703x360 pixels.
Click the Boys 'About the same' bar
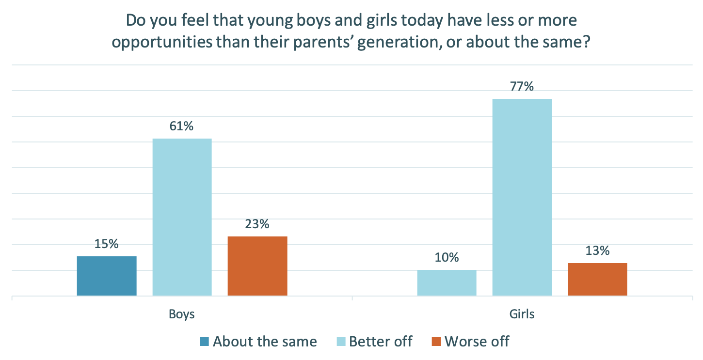[x=107, y=276]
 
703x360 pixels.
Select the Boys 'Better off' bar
[x=182, y=217]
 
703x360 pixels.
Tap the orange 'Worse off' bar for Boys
[x=257, y=266]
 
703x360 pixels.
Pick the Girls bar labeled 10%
[x=447, y=283]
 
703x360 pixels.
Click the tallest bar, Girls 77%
[x=522, y=197]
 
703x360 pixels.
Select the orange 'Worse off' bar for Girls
[x=597, y=279]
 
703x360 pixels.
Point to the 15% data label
[x=107, y=244]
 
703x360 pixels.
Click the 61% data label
[x=182, y=126]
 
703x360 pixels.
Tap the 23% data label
[x=257, y=224]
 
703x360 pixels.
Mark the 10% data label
[x=447, y=258]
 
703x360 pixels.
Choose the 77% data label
[x=522, y=87]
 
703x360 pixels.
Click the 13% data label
[x=597, y=251]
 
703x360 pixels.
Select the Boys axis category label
[x=182, y=314]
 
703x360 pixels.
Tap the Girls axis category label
[x=522, y=314]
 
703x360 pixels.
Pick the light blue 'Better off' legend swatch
[x=341, y=342]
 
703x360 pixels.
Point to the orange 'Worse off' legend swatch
[x=436, y=342]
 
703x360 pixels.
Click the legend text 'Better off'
[x=381, y=342]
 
